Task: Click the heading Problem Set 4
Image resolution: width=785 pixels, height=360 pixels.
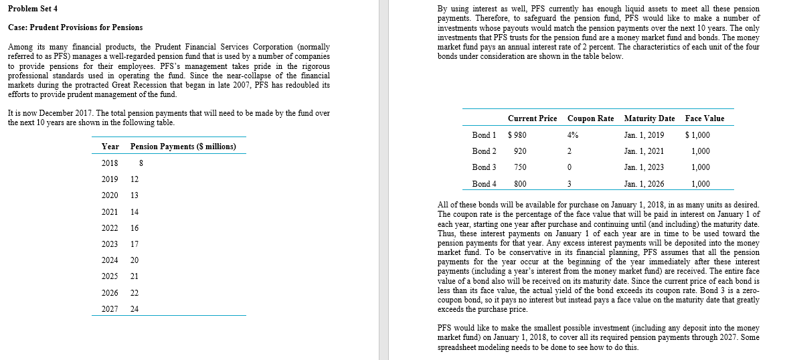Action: point(33,8)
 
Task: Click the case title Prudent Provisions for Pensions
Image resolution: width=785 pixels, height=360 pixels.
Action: point(75,27)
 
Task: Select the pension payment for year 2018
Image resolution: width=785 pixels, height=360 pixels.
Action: point(139,163)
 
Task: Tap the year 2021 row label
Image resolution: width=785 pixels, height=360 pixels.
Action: point(110,211)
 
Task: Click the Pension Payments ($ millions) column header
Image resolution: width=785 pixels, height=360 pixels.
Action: point(183,146)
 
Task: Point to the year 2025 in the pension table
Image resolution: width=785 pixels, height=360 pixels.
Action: point(110,276)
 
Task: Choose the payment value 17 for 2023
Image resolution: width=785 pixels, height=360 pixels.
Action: point(135,244)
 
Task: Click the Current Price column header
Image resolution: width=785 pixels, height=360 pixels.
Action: point(532,118)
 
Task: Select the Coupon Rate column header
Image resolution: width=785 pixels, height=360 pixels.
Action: point(590,118)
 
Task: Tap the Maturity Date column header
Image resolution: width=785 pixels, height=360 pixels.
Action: point(648,118)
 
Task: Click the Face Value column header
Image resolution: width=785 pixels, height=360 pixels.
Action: point(704,118)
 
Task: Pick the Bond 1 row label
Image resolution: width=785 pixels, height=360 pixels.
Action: point(484,135)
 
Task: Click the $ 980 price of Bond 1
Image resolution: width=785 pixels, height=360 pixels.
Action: point(517,135)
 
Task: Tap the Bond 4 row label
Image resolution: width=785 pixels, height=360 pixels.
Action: point(484,183)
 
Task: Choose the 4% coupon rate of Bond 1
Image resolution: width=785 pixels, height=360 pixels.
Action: point(573,135)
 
